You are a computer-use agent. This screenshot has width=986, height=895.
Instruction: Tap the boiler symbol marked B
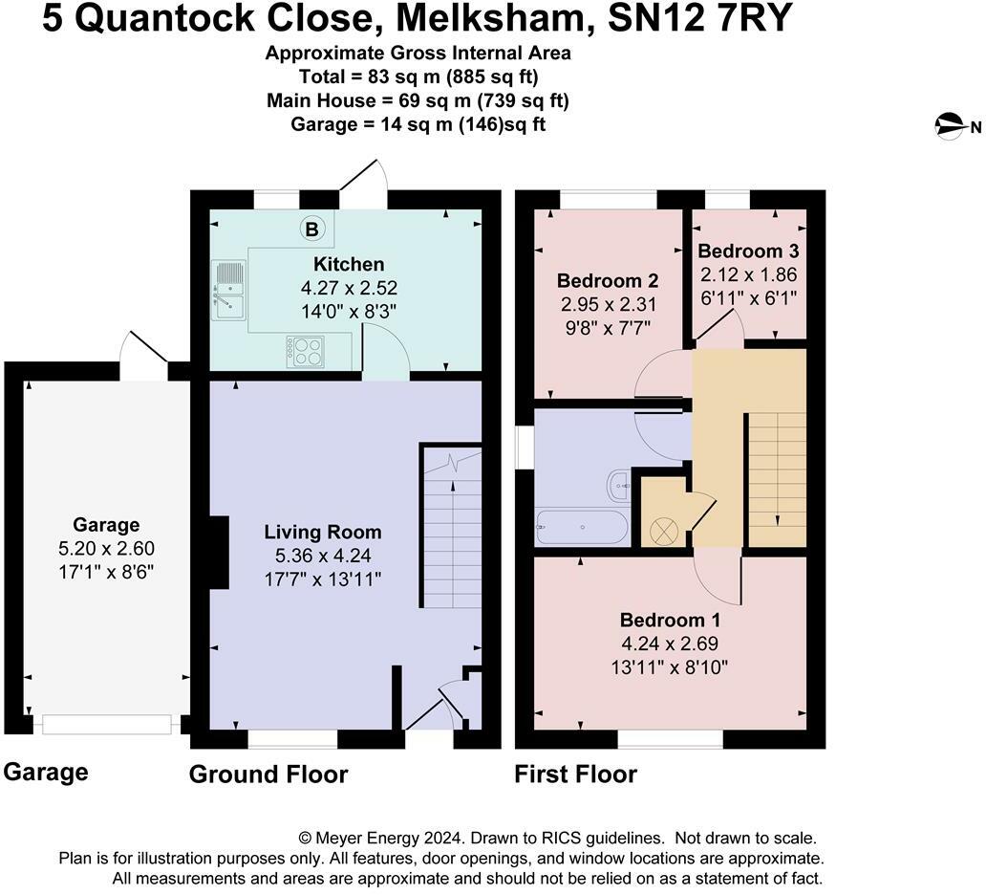pos(311,229)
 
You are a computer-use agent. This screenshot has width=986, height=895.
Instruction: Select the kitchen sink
pos(229,289)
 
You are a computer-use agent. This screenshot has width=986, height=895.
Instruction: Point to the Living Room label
pos(323,533)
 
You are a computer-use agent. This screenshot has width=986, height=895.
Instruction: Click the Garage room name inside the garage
pos(106,524)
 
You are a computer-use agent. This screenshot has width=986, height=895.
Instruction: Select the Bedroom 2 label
pos(608,281)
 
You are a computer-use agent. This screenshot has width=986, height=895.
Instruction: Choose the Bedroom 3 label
pos(748,251)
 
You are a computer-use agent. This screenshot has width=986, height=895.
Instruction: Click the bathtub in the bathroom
pos(582,527)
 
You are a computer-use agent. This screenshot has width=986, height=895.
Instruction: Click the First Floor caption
pos(575,774)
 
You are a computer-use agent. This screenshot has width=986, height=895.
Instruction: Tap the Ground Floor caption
pos(268,774)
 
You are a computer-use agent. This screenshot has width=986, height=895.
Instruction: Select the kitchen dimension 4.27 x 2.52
pos(349,287)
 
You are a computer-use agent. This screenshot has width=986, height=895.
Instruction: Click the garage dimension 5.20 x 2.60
pos(106,548)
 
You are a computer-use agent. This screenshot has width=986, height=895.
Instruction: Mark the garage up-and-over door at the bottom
pos(107,725)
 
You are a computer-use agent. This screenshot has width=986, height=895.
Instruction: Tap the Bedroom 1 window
pos(670,738)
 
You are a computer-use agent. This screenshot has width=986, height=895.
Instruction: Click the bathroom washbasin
pos(619,487)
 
